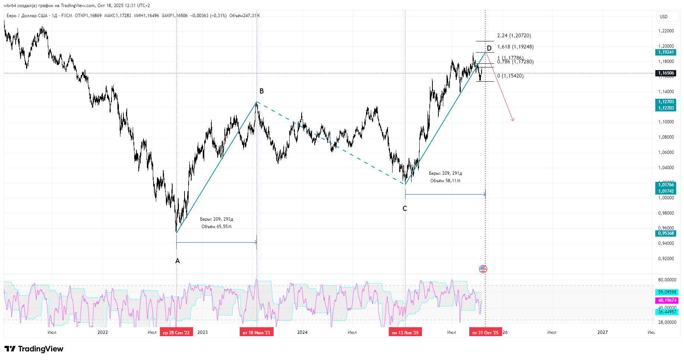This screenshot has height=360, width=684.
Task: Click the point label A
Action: point(177,261)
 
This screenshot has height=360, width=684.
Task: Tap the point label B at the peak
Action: point(262,91)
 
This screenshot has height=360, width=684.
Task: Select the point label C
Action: point(405,209)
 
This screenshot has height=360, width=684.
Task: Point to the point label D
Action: point(489,48)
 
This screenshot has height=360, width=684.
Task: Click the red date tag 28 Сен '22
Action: point(176,332)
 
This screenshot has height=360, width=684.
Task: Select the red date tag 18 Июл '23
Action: point(256,332)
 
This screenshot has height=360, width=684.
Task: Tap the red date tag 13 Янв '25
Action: point(405,332)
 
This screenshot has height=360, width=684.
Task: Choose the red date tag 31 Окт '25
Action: point(485,332)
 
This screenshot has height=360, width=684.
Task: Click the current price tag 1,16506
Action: point(666,73)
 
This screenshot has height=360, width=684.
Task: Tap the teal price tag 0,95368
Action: point(666,233)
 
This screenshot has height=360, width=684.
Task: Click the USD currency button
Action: point(664,16)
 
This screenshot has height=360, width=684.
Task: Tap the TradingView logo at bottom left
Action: point(34,349)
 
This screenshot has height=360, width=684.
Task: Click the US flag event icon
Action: point(483,269)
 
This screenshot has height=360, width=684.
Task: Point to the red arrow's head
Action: point(513,120)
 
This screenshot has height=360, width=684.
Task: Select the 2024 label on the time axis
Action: point(302,332)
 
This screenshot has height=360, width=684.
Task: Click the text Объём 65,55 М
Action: point(217,227)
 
